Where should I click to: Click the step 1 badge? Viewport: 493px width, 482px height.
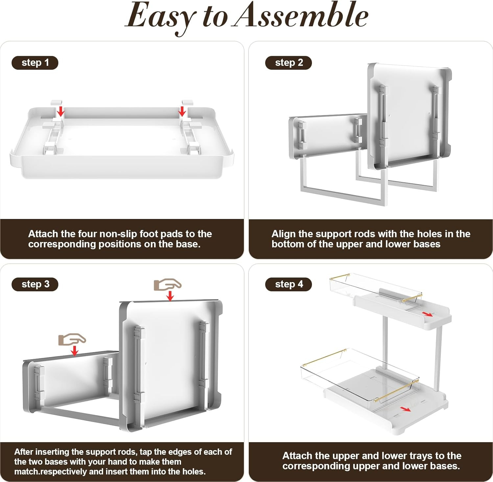(x=35, y=63)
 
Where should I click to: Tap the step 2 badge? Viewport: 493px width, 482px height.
(x=289, y=63)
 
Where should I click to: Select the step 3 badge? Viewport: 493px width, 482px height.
(x=35, y=284)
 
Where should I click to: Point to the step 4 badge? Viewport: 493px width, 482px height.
(x=289, y=284)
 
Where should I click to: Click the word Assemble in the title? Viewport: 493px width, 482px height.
(x=301, y=15)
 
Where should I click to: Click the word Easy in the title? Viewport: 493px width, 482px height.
(x=161, y=18)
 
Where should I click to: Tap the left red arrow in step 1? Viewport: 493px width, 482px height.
(x=61, y=111)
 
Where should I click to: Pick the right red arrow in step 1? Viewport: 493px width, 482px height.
(x=182, y=111)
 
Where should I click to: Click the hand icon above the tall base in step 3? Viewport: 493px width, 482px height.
(x=168, y=285)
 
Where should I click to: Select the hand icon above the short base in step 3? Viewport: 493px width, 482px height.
(x=72, y=340)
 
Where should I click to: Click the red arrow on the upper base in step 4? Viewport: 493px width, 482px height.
(x=428, y=314)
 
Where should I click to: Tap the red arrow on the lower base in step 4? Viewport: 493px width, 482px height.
(x=406, y=409)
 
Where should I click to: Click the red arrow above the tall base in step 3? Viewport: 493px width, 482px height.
(x=170, y=296)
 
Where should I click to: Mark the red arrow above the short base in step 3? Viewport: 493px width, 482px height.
(x=75, y=351)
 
